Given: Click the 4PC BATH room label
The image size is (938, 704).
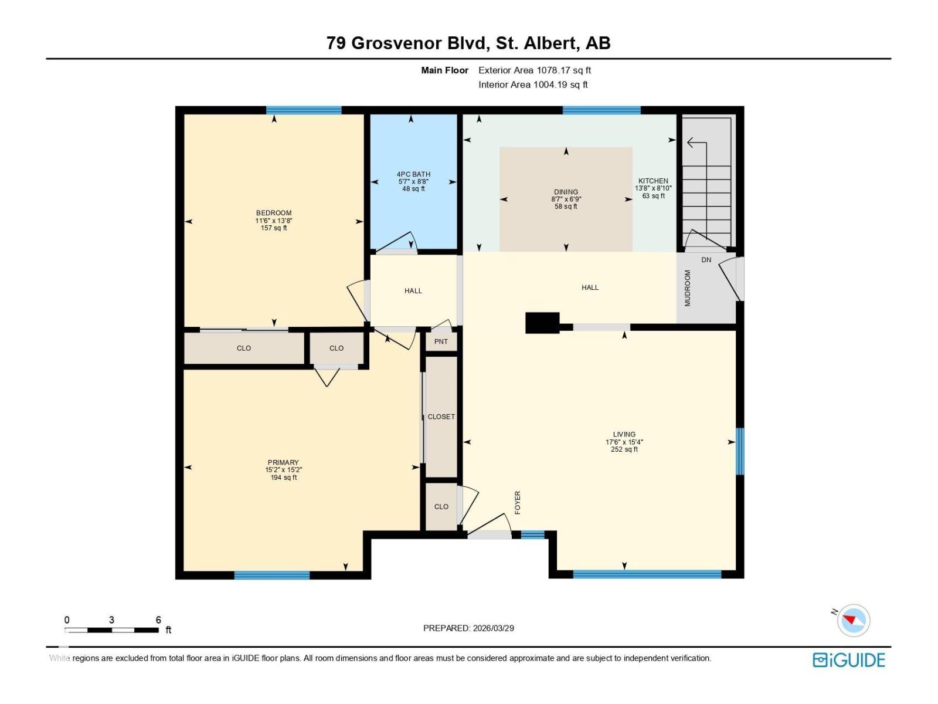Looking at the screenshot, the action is pyautogui.click(x=413, y=174).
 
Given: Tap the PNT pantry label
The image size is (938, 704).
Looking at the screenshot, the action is pyautogui.click(x=441, y=341).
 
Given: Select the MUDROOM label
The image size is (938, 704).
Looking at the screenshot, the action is pyautogui.click(x=687, y=287).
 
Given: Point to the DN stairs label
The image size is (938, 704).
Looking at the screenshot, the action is pyautogui.click(x=706, y=259).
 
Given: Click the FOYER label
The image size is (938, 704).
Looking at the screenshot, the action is pyautogui.click(x=517, y=502).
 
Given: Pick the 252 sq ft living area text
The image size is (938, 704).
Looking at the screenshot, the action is pyautogui.click(x=624, y=449).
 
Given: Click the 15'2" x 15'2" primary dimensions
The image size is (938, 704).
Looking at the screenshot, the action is pyautogui.click(x=283, y=469).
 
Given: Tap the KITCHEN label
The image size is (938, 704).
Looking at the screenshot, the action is pyautogui.click(x=653, y=181).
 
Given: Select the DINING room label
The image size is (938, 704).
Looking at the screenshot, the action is pyautogui.click(x=566, y=192).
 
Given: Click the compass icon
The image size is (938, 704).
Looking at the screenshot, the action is pyautogui.click(x=853, y=620).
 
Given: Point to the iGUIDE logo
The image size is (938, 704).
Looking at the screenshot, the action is pyautogui.click(x=848, y=660).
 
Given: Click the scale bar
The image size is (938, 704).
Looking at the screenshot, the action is pyautogui.click(x=111, y=629).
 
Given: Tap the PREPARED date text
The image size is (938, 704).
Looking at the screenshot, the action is pyautogui.click(x=468, y=628).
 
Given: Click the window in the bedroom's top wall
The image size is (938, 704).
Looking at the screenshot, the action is pyautogui.click(x=304, y=110).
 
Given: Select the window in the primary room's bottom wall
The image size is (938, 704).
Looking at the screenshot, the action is pyautogui.click(x=272, y=575).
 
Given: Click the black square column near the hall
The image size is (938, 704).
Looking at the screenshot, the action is pyautogui.click(x=542, y=323).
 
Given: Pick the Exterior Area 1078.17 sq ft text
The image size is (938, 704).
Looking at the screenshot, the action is pyautogui.click(x=535, y=70).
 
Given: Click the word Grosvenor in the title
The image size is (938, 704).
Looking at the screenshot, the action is pyautogui.click(x=396, y=43).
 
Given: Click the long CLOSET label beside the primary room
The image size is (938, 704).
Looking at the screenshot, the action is pyautogui.click(x=441, y=417).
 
